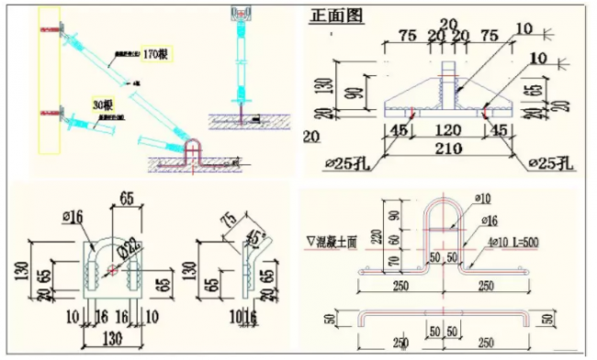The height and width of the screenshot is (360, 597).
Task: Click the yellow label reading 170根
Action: [x=154, y=54]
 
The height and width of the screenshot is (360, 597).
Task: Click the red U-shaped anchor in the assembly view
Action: [x=196, y=153]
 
